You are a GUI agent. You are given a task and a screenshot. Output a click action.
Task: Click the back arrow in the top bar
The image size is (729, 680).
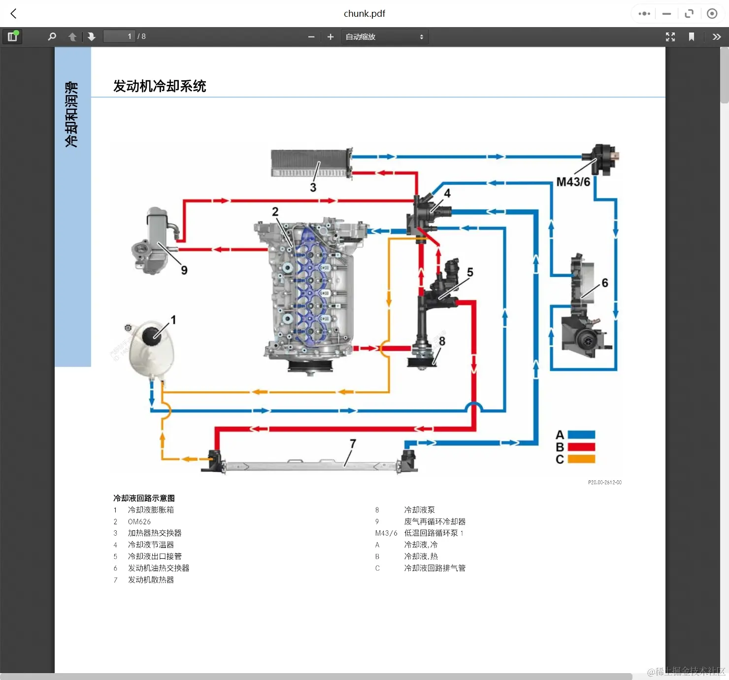pyautogui.click(x=14, y=14)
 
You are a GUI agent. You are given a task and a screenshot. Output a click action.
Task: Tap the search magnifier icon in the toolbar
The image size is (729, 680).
pyautogui.click(x=52, y=36)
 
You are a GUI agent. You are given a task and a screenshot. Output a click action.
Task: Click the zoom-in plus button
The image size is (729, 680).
pyautogui.click(x=331, y=37)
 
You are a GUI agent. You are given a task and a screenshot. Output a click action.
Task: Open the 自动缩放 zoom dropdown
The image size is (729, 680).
pyautogui.click(x=384, y=37)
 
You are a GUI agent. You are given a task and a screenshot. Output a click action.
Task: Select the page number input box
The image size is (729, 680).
pyautogui.click(x=119, y=36)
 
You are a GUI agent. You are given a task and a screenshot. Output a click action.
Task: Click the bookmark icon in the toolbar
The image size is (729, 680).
pyautogui.click(x=692, y=37)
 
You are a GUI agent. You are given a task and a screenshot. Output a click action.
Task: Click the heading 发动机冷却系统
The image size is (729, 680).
pyautogui.click(x=160, y=86)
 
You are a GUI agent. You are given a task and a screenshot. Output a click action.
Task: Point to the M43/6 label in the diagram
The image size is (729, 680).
pyautogui.click(x=573, y=182)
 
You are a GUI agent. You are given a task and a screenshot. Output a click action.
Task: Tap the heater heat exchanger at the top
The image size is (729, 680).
pyautogui.click(x=310, y=163)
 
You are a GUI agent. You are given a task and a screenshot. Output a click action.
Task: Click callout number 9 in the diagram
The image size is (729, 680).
pyautogui.click(x=184, y=270)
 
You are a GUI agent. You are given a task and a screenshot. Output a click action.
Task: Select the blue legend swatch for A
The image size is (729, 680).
pyautogui.click(x=581, y=435)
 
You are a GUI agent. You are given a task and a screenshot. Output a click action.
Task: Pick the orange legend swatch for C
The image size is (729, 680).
pyautogui.click(x=581, y=459)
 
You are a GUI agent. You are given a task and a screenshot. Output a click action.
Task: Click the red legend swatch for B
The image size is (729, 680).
pyautogui.click(x=581, y=447)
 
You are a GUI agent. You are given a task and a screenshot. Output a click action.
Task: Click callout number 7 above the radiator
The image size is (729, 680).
pyautogui.click(x=353, y=443)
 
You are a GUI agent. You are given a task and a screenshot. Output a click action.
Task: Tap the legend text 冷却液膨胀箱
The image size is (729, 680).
pyautogui.click(x=151, y=510)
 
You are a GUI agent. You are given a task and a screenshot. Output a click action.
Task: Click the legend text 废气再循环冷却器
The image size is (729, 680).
pyautogui.click(x=434, y=522)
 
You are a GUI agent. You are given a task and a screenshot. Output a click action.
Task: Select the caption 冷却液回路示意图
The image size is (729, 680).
pyautogui.click(x=144, y=498)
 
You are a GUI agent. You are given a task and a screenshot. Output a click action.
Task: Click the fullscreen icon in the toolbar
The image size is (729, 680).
pyautogui.click(x=670, y=37)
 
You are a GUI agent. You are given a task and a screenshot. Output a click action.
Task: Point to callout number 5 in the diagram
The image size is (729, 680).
pyautogui.click(x=470, y=272)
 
